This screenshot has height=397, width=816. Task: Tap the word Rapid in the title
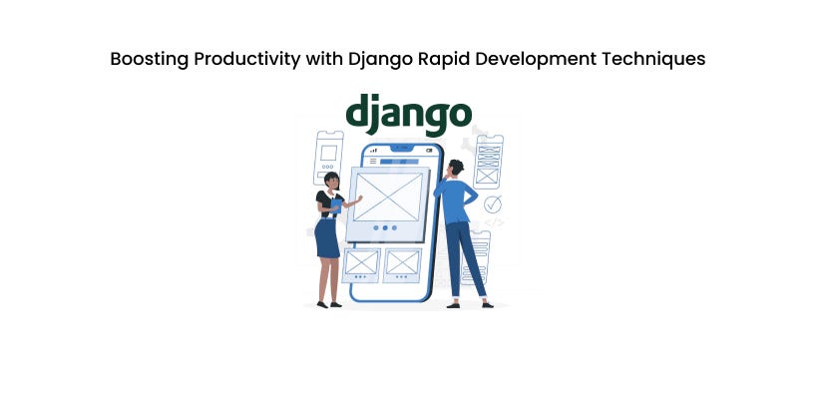(441, 59)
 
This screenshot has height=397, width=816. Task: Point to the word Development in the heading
(539, 59)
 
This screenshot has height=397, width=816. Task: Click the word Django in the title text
(377, 59)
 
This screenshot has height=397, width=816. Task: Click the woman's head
(332, 181)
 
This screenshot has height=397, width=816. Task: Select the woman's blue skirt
(327, 239)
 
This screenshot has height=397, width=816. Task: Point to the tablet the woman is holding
(338, 206)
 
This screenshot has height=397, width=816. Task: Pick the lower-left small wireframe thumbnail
(361, 262)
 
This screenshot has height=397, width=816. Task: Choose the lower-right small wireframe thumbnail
(402, 262)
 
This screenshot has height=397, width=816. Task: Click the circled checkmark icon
(492, 204)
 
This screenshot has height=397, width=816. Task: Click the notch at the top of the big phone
(401, 148)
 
